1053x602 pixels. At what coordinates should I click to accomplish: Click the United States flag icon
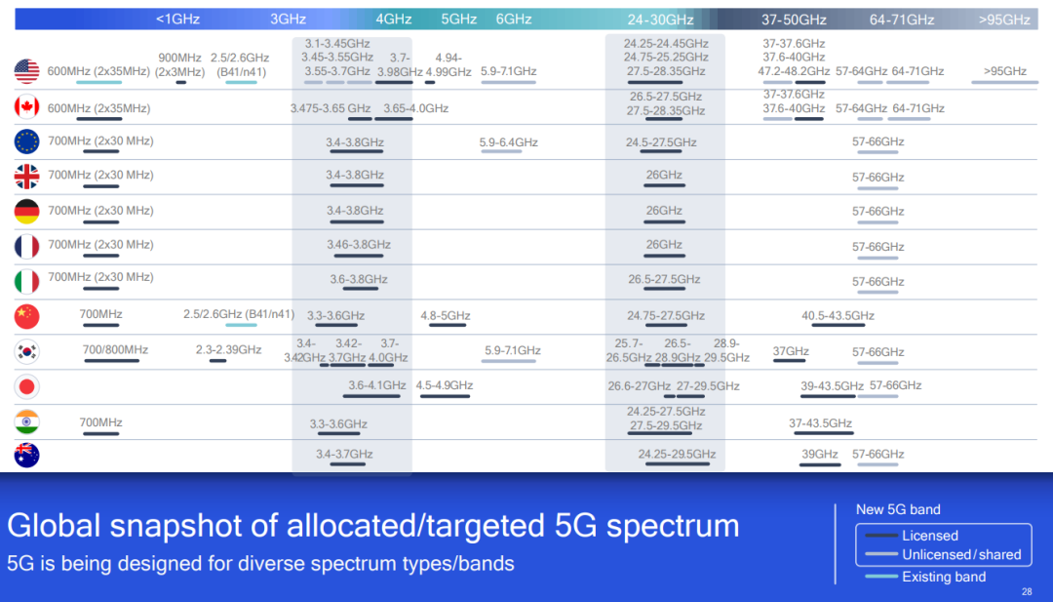pos(27,71)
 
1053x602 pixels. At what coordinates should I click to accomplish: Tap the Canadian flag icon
pos(27,106)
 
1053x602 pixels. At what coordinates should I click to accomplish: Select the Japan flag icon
pos(27,386)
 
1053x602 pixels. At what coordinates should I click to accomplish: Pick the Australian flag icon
pos(27,456)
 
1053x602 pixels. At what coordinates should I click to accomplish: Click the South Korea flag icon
pos(27,351)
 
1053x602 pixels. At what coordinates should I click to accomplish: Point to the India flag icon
pos(27,421)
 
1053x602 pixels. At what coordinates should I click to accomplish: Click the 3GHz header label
pos(288,20)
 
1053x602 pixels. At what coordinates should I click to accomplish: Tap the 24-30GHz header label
pos(660,20)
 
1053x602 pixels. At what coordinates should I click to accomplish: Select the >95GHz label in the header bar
pos(1004,20)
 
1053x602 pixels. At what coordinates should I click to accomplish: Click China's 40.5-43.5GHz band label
pos(838,316)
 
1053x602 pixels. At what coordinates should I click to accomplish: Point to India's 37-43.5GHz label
pos(820,423)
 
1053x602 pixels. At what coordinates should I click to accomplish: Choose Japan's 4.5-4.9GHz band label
pos(444,385)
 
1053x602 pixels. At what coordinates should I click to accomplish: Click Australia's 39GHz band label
pos(819,455)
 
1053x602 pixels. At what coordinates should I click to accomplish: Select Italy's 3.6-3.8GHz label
pos(359,279)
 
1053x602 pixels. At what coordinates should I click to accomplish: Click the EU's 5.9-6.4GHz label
pos(508,142)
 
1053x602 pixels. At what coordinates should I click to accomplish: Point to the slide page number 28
pos(1027,592)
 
